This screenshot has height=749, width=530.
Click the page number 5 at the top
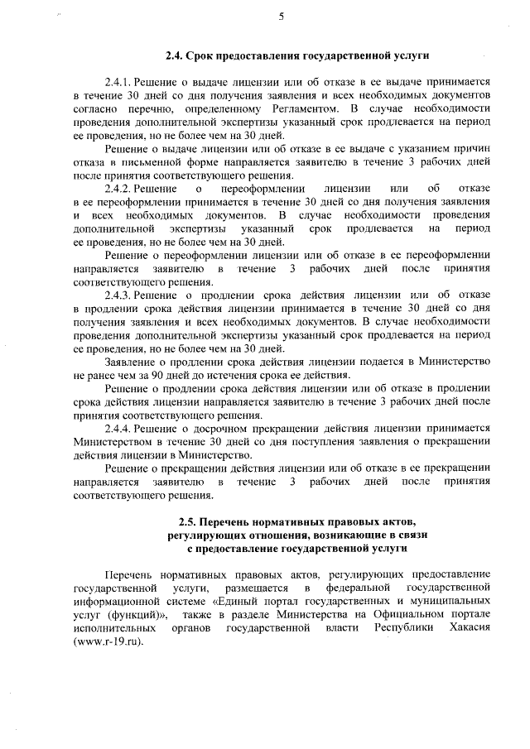tap(282, 16)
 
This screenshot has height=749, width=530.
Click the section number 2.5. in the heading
tap(190, 523)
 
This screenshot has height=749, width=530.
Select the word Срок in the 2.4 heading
tap(203, 55)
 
